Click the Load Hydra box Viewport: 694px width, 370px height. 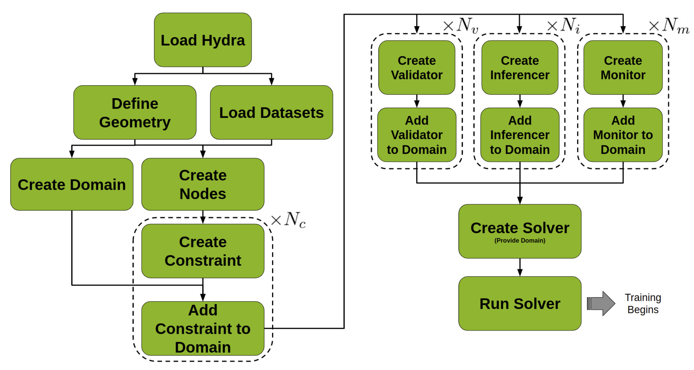(x=203, y=40)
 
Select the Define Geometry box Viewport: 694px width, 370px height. (x=135, y=112)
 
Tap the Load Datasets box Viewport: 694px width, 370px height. (x=271, y=112)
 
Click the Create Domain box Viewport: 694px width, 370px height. (x=72, y=185)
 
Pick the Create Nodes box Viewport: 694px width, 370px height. (x=203, y=185)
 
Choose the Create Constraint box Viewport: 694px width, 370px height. (x=203, y=251)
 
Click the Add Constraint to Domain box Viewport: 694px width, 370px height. (x=203, y=329)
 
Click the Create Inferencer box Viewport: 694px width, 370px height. (x=520, y=68)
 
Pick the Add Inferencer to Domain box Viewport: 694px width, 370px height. (x=520, y=135)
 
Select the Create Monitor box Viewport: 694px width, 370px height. (x=623, y=68)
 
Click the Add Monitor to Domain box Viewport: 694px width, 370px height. (x=623, y=135)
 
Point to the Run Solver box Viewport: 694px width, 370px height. (x=520, y=304)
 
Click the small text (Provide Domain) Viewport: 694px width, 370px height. (x=520, y=240)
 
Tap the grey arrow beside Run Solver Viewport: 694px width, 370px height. (x=601, y=304)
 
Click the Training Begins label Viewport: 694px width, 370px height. (x=643, y=304)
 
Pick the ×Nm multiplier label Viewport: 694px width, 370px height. (x=669, y=26)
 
